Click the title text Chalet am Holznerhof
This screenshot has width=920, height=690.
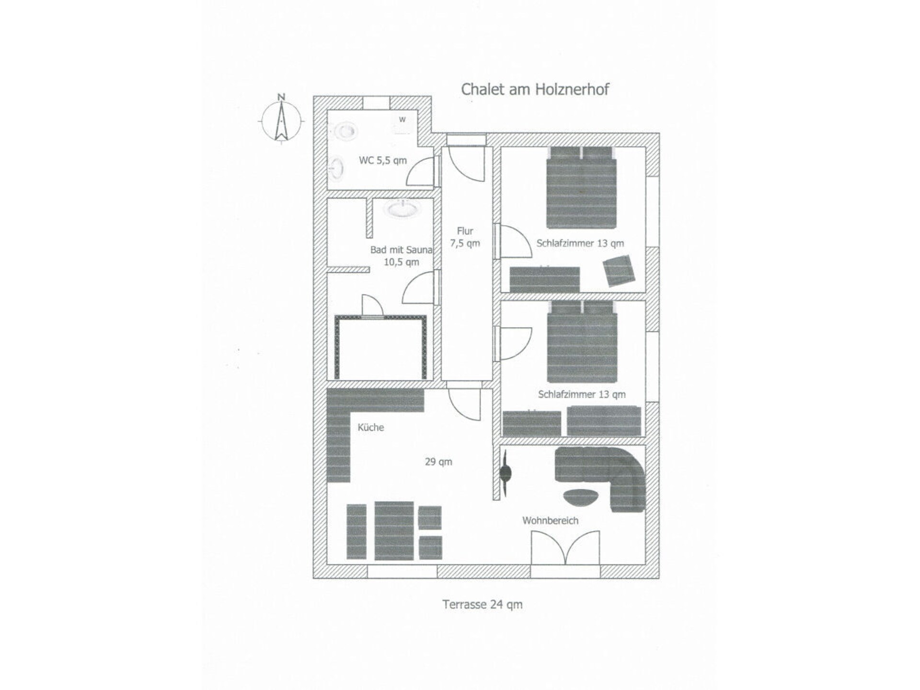point(535,89)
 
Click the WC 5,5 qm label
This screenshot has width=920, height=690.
point(383,160)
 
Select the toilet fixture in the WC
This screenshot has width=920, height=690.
point(344,131)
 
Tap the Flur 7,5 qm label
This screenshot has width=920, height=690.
point(465,237)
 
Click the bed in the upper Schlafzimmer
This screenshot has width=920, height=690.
point(581,187)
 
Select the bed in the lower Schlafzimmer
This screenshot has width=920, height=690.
point(582,341)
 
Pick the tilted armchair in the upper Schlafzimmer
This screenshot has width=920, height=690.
point(619,271)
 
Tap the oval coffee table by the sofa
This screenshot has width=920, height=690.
point(581,496)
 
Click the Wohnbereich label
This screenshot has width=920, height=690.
point(550,520)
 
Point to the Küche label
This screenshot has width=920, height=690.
point(371,427)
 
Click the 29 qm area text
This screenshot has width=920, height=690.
point(438,462)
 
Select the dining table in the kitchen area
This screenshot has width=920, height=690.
point(394,530)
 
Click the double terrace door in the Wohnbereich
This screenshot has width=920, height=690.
point(565,547)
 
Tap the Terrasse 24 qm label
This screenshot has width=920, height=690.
point(483,604)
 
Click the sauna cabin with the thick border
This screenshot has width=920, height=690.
point(380,347)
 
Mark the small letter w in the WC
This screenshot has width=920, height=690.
point(402,119)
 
